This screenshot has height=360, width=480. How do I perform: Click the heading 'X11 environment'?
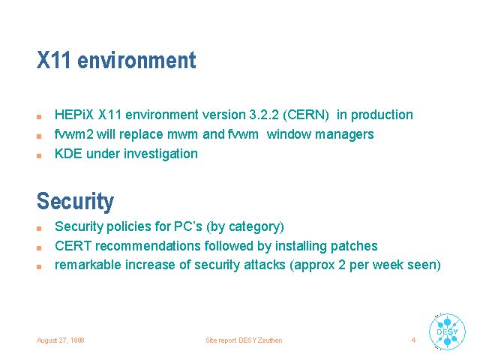coord(116,60)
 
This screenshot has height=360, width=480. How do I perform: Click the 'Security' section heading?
coord(75,202)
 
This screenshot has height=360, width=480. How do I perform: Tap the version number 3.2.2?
coord(264,115)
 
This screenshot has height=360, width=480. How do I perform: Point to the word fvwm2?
coord(73,134)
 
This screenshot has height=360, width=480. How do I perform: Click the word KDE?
coord(68,154)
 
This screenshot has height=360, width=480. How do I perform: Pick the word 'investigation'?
coord(160,154)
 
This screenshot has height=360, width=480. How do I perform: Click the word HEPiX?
coord(74,115)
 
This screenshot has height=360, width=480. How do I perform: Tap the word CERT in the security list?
coord(73,246)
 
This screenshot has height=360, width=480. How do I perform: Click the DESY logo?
coord(447,331)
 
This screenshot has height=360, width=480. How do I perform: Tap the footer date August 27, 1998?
coord(61,340)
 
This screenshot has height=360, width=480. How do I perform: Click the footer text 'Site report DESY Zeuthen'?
coord(244,340)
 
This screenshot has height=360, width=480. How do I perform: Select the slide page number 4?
coord(413,340)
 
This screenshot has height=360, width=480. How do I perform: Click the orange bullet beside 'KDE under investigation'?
coord(39,156)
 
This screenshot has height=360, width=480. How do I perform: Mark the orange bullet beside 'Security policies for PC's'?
coord(39,229)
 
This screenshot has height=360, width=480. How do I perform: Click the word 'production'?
coord(382,115)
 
